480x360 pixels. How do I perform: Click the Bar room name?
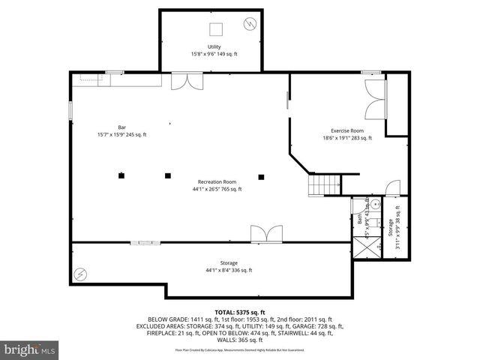(x=122, y=127)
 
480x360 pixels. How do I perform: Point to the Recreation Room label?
(x=217, y=181)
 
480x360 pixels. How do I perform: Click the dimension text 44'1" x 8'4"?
(x=229, y=270)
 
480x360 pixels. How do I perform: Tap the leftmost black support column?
(x=120, y=176)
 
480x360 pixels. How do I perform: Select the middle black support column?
(x=168, y=176)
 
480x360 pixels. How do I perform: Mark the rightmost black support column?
(x=261, y=177)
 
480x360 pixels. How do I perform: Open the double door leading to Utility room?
(x=183, y=80)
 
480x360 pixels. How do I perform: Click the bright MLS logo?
(x=29, y=349)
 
